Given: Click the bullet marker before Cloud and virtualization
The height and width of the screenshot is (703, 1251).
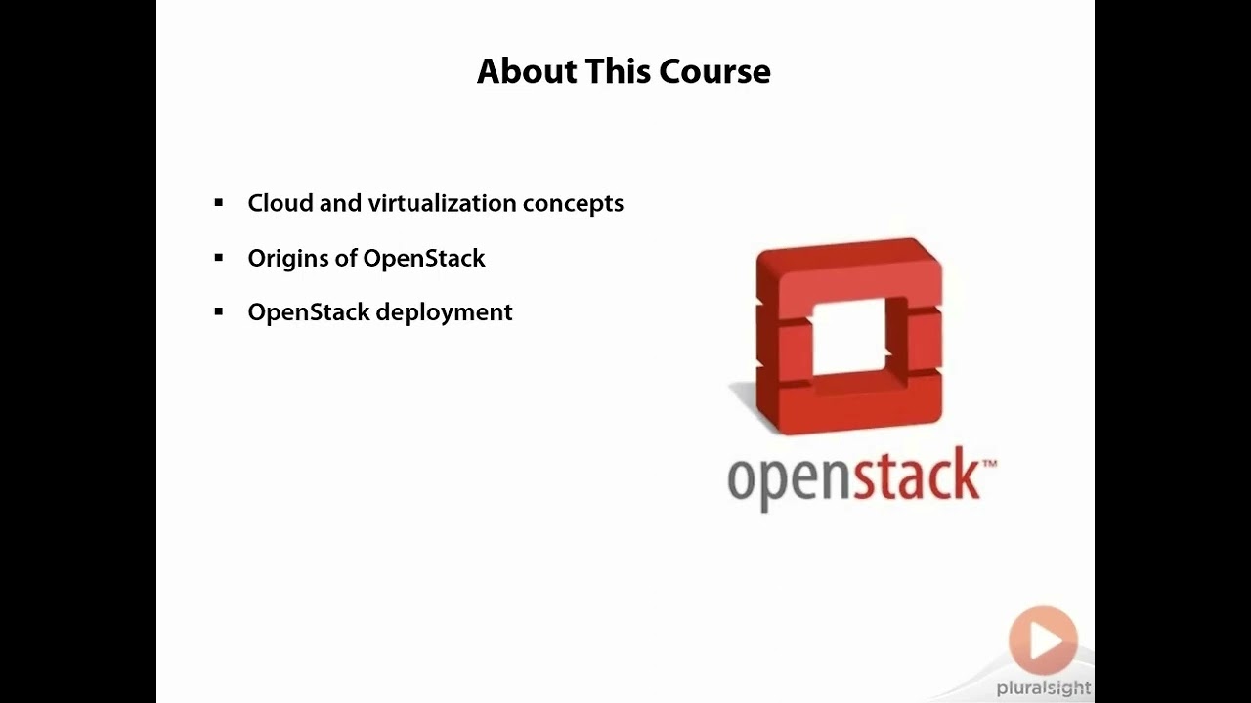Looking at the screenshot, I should click(219, 203).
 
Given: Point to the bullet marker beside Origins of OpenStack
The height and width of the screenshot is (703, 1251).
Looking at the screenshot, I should click(219, 258).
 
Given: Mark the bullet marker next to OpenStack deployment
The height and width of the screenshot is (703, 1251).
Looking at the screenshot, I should click(219, 311).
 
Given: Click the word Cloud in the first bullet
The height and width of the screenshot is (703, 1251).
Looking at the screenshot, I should click(280, 203).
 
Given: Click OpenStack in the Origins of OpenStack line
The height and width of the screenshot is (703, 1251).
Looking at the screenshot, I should click(424, 259).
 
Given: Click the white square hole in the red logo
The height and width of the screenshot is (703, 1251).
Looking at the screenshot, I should click(848, 337).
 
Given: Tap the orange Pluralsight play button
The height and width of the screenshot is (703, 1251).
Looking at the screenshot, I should click(1043, 641).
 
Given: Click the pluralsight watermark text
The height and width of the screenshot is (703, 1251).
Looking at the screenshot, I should click(1043, 688).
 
